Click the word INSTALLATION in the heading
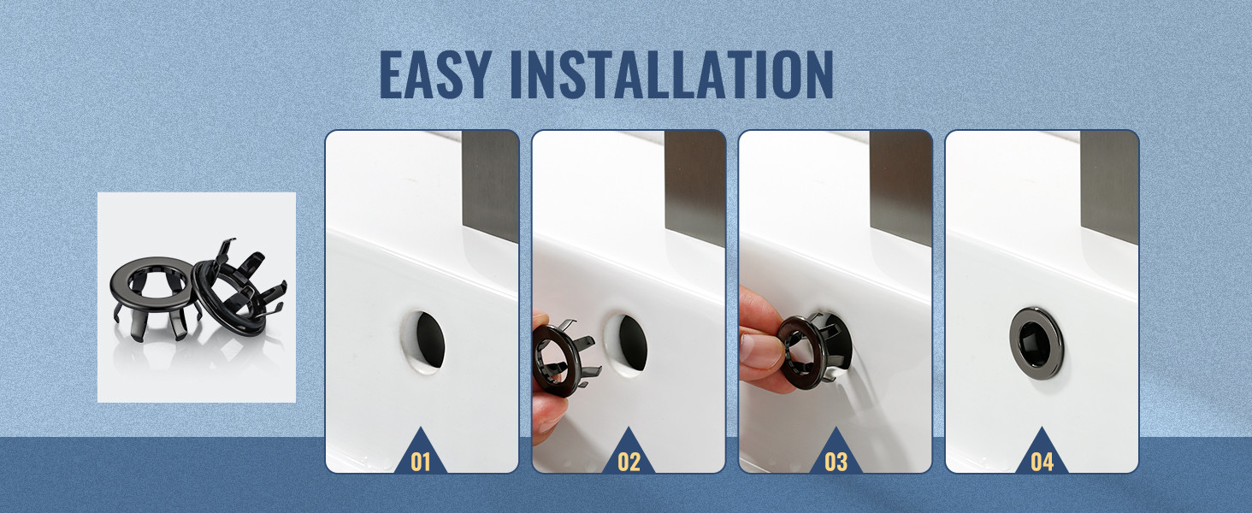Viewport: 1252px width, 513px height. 672,75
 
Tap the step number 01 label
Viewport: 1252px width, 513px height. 420,462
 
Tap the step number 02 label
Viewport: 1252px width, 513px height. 629,462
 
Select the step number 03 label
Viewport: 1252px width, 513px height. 836,462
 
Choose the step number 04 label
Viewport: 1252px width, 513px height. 1042,462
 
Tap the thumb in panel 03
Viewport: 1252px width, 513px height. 759,351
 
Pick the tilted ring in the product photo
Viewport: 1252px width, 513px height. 238,291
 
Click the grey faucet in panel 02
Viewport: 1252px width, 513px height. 694,188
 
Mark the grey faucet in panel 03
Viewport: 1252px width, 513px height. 901,188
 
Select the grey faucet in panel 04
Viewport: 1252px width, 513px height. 1109,188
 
